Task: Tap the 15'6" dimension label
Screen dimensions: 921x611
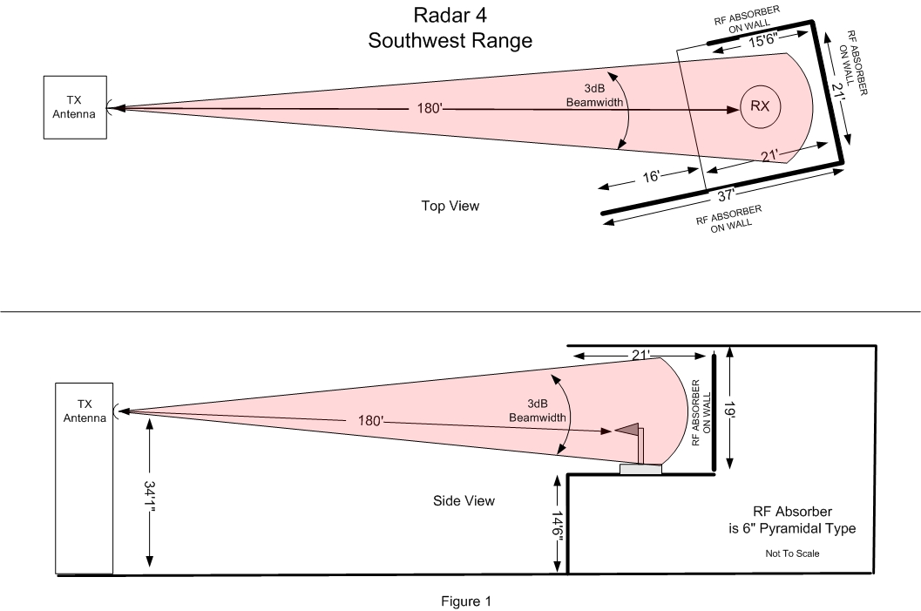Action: click(x=762, y=40)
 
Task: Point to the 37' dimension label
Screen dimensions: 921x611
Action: click(x=726, y=195)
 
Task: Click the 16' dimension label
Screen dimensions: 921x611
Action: click(x=651, y=176)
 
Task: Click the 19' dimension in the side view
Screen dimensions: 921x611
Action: click(x=729, y=410)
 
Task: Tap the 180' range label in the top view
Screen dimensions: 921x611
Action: click(x=430, y=108)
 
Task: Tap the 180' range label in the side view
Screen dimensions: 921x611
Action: click(x=370, y=421)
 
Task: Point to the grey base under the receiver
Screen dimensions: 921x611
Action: click(x=640, y=469)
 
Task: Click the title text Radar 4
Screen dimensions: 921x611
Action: click(x=450, y=15)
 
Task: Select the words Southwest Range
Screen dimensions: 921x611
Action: click(x=450, y=41)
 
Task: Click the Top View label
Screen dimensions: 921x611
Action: click(x=450, y=206)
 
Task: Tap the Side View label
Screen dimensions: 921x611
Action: click(x=464, y=500)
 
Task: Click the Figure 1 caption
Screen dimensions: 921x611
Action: click(x=466, y=601)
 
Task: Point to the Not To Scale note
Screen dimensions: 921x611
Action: click(x=792, y=553)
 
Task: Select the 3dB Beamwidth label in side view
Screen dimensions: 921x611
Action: click(x=538, y=411)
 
